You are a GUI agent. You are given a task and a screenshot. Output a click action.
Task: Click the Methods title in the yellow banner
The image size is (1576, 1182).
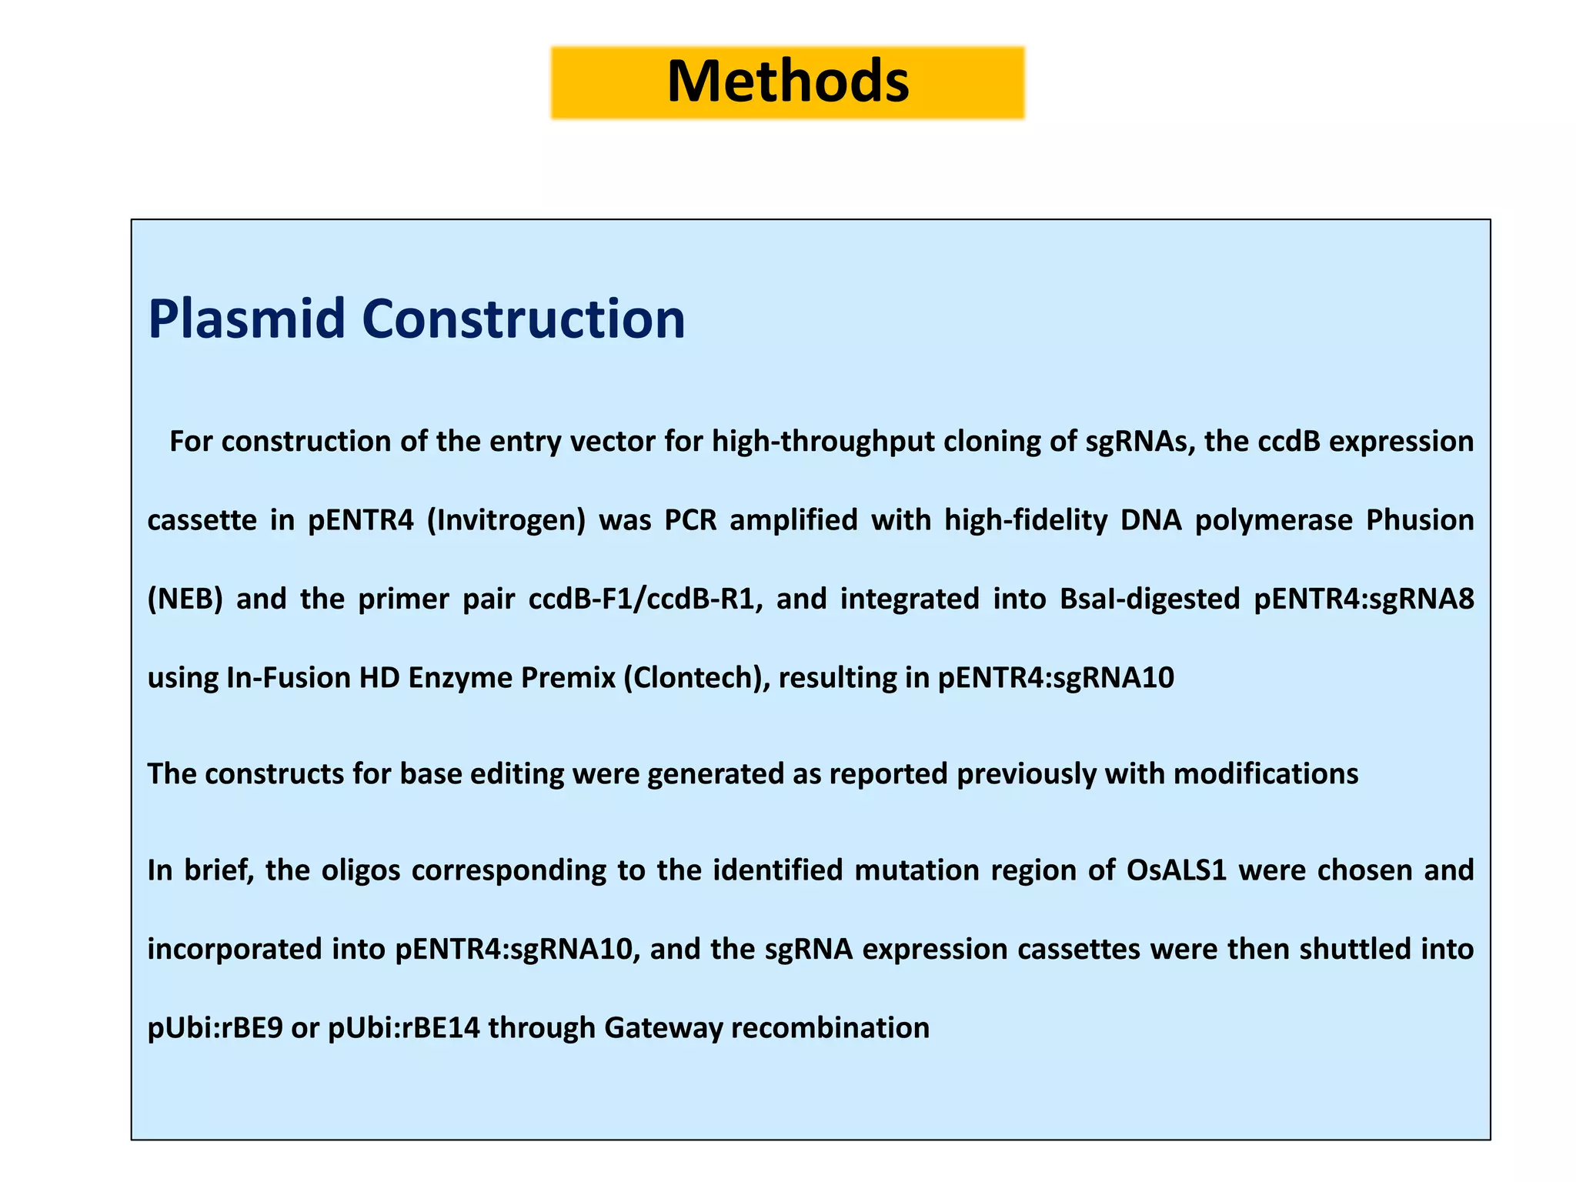point(787,82)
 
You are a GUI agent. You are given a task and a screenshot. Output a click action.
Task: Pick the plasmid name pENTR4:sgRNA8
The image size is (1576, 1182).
point(1364,599)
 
